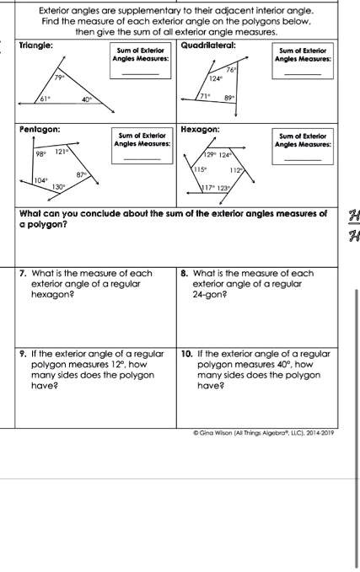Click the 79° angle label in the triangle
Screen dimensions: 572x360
click(60, 77)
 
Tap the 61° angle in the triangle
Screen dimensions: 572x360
click(46, 99)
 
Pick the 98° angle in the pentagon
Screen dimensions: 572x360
click(40, 154)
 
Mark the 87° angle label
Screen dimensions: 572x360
click(82, 174)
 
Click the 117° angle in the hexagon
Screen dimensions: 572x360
click(207, 189)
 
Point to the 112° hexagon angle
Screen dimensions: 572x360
click(239, 169)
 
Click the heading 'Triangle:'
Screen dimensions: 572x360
click(36, 42)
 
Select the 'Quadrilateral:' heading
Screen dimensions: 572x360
click(208, 42)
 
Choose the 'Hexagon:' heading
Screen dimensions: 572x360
click(201, 129)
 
